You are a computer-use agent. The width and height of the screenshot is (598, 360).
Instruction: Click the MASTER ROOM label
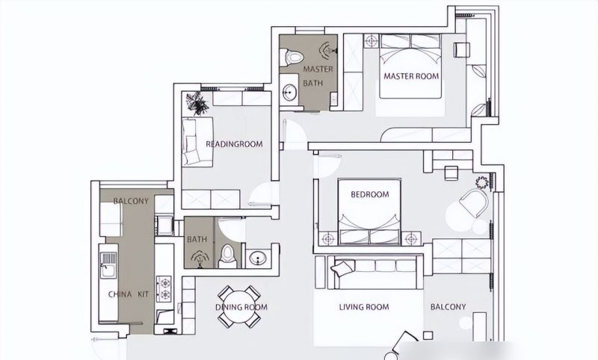click(x=411, y=76)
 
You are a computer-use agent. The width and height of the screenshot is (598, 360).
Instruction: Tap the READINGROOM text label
click(x=234, y=144)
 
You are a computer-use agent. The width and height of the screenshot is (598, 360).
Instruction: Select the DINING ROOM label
click(x=241, y=307)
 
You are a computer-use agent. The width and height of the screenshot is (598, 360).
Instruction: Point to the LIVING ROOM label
click(x=364, y=307)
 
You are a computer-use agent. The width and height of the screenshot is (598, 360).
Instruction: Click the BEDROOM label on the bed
click(x=370, y=194)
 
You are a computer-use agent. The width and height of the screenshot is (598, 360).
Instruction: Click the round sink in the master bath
click(x=290, y=92)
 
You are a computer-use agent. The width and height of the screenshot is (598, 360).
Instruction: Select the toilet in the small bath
click(x=227, y=256)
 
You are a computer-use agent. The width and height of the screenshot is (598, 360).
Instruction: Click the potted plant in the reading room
click(x=197, y=102)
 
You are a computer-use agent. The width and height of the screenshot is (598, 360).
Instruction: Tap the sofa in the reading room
click(x=197, y=142)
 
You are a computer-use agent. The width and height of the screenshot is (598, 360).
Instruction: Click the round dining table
click(x=239, y=307)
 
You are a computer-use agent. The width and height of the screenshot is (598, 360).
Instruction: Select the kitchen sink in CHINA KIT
click(x=108, y=264)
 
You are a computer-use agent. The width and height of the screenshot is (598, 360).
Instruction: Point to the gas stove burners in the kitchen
click(x=164, y=289)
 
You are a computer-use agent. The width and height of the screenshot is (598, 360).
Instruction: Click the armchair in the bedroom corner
click(x=475, y=202)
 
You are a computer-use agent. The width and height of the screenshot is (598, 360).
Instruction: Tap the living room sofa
click(x=374, y=272)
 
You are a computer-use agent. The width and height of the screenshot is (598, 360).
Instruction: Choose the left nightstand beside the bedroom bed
click(x=327, y=238)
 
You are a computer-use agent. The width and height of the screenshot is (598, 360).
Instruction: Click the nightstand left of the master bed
click(x=371, y=41)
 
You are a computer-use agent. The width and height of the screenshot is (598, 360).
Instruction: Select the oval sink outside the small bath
click(x=259, y=258)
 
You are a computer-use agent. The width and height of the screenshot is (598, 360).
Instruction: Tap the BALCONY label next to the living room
click(x=448, y=307)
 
